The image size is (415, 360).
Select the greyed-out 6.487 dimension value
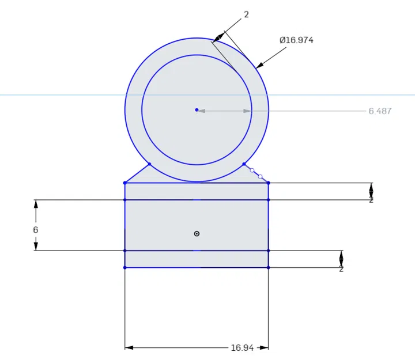(380, 111)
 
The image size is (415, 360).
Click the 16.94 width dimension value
(243, 348)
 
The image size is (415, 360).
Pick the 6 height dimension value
(36, 230)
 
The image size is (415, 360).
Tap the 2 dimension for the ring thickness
(246, 14)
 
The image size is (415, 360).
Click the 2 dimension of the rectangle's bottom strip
(341, 268)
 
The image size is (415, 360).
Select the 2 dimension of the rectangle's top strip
(371, 199)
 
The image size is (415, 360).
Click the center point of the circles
(197, 109)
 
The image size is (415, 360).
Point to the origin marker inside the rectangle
(197, 233)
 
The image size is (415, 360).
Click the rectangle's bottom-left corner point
(125, 267)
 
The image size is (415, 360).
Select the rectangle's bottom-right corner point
(269, 267)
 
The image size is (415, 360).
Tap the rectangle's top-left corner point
(125, 183)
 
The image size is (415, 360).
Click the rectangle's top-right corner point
(269, 183)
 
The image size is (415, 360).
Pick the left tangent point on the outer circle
(149, 164)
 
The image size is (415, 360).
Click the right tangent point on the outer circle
(244, 164)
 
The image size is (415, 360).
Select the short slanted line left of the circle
(137, 173)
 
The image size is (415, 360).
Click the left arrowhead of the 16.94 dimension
(129, 348)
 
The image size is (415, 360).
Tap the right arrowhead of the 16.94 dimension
(264, 348)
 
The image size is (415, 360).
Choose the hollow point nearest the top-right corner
(260, 176)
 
